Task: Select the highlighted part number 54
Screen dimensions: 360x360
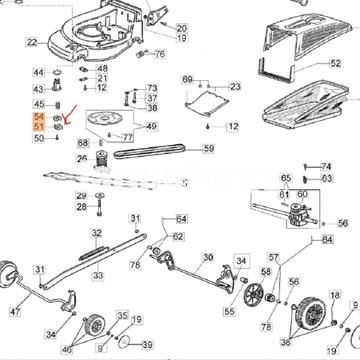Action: (x=38, y=118)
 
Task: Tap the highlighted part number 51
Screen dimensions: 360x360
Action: (x=38, y=128)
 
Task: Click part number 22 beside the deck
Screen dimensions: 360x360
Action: (x=31, y=42)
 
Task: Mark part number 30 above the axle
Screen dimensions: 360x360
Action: (x=208, y=257)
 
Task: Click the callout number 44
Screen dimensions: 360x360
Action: (x=38, y=73)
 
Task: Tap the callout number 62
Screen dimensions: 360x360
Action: (x=177, y=236)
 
